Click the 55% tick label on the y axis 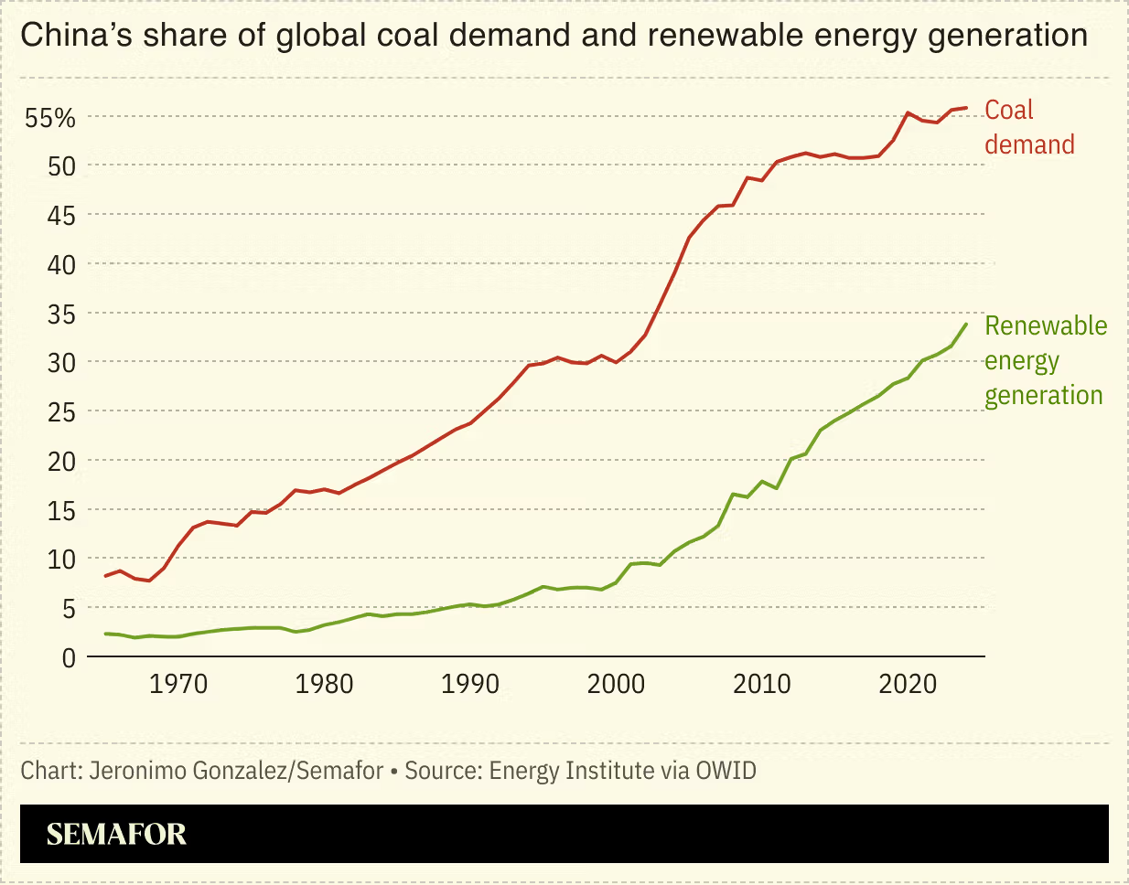click(x=49, y=118)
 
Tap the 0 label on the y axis click(x=69, y=657)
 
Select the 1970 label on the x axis click(x=178, y=684)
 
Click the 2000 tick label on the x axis click(x=616, y=684)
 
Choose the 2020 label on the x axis click(x=908, y=684)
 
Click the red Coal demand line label click(x=1028, y=127)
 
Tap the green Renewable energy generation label click(x=1045, y=360)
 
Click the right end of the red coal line click(x=966, y=108)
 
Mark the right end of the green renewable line click(x=966, y=324)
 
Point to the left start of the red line click(x=106, y=576)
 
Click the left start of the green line click(x=106, y=634)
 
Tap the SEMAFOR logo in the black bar click(x=116, y=834)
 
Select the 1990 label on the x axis click(x=470, y=684)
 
